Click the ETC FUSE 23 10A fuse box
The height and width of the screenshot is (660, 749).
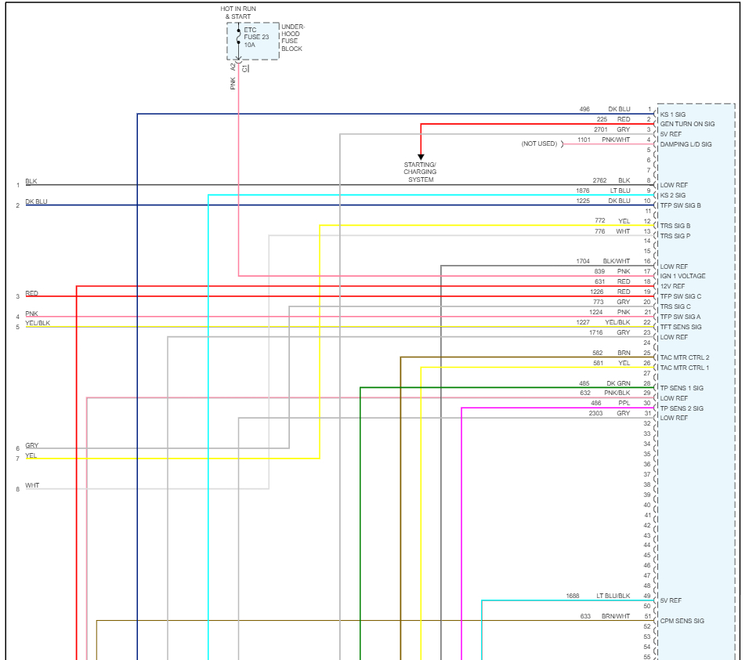pos(252,41)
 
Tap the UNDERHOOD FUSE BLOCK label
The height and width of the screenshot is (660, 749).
pos(292,38)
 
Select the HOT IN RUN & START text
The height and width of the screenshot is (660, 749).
pos(238,13)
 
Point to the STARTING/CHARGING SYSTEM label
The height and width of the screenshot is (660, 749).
pos(421,172)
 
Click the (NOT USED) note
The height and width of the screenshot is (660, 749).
pos(539,143)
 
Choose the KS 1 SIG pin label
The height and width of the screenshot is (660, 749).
pos(672,114)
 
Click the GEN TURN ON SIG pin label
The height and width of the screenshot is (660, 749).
pos(687,124)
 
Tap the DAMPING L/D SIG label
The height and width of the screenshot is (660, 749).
pos(686,144)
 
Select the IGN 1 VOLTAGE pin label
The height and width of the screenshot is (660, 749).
pos(682,276)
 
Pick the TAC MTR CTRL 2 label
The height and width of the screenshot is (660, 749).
pos(684,357)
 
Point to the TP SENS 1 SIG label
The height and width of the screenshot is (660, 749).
pos(681,388)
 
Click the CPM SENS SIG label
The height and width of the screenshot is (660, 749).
pos(682,621)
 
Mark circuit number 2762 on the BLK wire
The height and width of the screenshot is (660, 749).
pos(599,180)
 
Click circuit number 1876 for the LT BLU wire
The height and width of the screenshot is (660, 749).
pos(582,190)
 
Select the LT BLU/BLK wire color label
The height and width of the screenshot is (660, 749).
pos(613,596)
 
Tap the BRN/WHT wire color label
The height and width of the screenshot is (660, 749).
pos(615,616)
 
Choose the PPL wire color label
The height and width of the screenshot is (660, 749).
pos(624,403)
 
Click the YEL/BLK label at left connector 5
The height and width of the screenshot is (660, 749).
pos(37,323)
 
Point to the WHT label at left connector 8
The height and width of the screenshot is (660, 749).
pos(31,485)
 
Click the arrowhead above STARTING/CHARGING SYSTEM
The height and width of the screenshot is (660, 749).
pos(421,157)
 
